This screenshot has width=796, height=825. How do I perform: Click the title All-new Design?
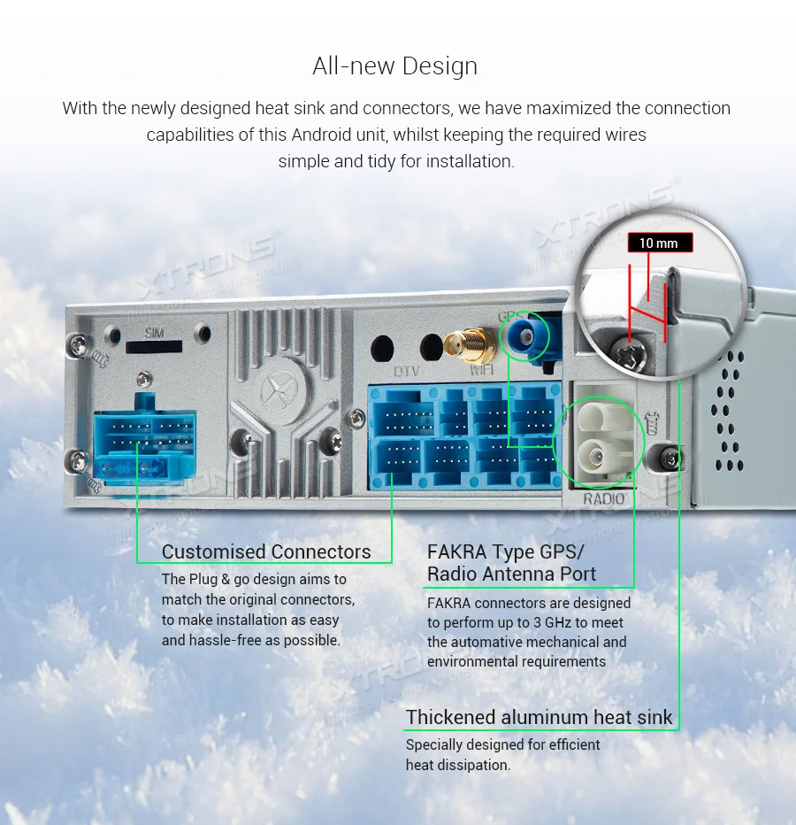tap(394, 66)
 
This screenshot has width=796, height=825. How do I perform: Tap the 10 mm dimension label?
tap(658, 243)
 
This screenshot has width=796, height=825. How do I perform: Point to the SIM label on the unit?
tap(155, 333)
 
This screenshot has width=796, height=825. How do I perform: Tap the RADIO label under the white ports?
tap(603, 499)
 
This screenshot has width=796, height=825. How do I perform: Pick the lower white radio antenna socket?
tap(595, 459)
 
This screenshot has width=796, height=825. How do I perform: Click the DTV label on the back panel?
tap(406, 371)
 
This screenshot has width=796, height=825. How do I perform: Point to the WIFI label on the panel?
tap(483, 371)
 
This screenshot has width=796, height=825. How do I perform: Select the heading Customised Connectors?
tap(266, 552)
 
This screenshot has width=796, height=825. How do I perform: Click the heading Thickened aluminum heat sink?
tap(539, 717)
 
